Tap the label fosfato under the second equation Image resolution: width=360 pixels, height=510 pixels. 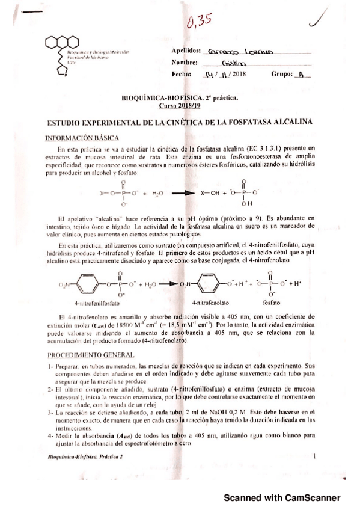point(273,304)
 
